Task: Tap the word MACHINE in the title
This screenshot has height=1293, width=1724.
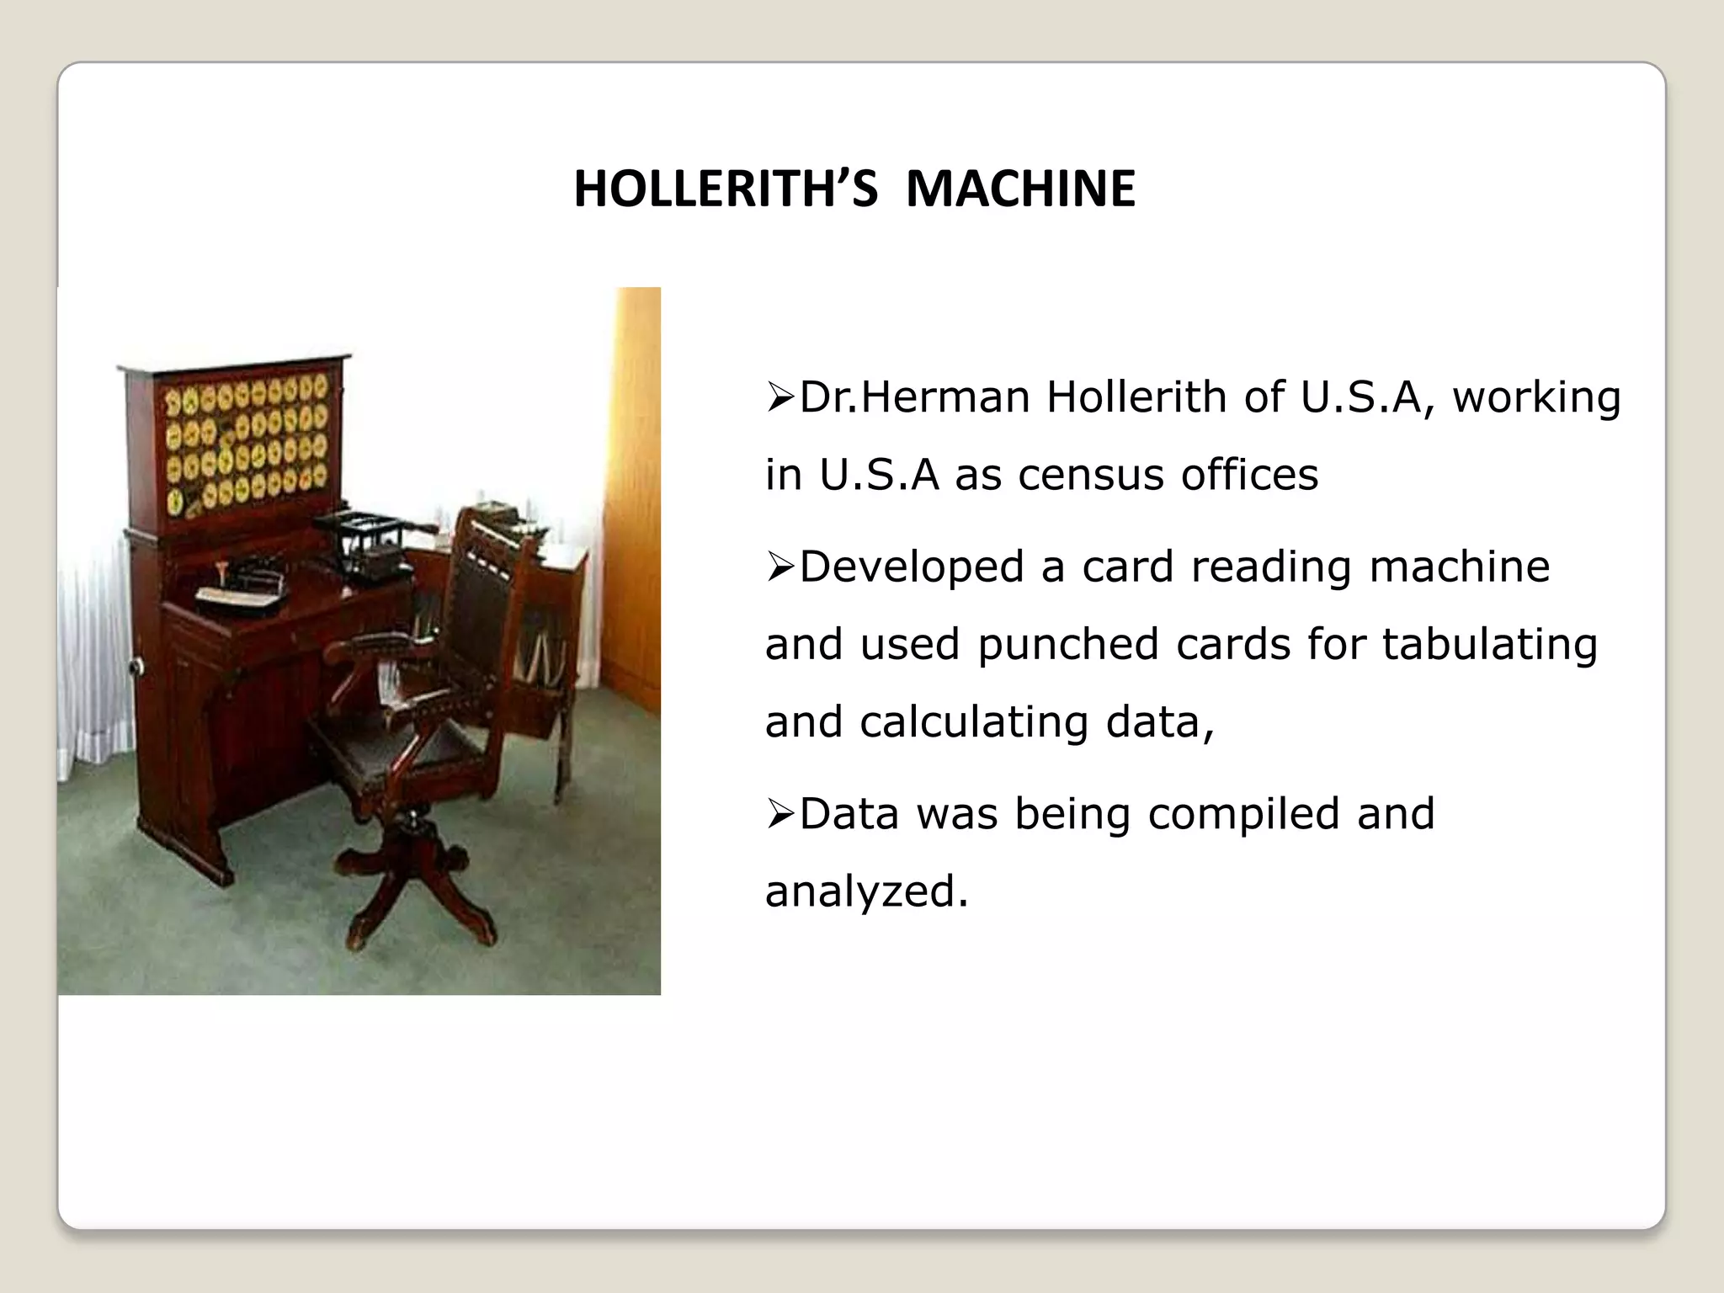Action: [1020, 189]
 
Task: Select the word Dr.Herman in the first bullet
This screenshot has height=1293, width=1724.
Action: [914, 397]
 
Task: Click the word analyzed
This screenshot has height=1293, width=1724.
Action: [866, 891]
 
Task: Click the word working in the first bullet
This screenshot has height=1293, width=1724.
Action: [1536, 397]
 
